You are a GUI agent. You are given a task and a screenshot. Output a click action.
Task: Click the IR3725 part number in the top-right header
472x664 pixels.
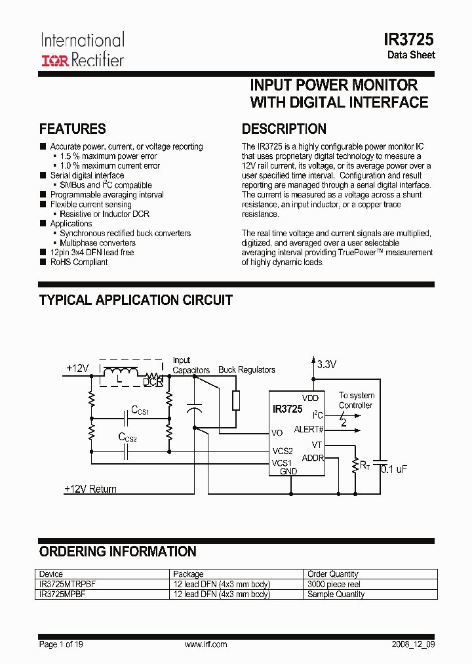(409, 39)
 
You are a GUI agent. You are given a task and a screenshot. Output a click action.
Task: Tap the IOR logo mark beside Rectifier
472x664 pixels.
(54, 61)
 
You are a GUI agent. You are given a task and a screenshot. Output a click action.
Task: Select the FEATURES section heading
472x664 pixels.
(73, 129)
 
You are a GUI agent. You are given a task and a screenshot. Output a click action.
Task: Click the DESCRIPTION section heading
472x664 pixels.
(284, 129)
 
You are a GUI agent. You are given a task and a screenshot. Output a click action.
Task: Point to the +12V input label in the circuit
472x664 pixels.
(77, 369)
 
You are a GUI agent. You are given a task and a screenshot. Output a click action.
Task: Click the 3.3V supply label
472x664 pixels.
(326, 365)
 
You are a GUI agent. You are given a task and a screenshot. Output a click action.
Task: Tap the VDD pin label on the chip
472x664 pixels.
(310, 398)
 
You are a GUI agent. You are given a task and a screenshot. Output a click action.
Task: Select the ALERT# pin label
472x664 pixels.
(309, 429)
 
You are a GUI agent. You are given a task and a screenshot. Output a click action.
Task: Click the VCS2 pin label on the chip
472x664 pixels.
(283, 451)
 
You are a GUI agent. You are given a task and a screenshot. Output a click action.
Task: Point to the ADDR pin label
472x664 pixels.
(313, 458)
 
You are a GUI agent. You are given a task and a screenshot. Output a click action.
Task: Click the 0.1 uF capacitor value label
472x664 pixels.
(394, 469)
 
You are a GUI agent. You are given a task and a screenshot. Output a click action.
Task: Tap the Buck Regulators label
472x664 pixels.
(246, 370)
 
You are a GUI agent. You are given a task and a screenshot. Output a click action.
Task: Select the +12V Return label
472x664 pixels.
(90, 489)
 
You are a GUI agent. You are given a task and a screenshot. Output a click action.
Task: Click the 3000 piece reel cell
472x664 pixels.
(334, 584)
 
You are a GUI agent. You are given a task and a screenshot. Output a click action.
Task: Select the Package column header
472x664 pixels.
(188, 574)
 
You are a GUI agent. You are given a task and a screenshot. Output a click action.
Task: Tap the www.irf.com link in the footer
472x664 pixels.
(206, 644)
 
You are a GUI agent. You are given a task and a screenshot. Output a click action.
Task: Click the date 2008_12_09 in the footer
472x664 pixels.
(412, 644)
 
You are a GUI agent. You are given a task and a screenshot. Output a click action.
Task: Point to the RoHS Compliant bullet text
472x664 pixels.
(79, 262)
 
